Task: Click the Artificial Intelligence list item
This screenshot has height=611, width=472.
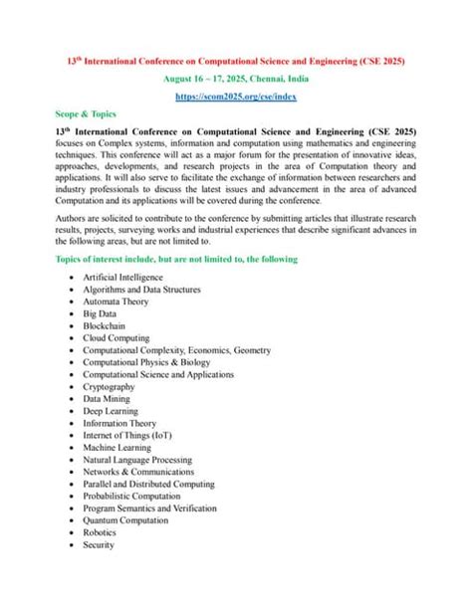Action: point(123,277)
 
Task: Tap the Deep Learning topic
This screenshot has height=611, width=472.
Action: point(114,411)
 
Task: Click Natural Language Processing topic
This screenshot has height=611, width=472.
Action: point(138,460)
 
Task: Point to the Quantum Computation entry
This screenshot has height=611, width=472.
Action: point(126,520)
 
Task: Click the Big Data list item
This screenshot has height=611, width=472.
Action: point(102,313)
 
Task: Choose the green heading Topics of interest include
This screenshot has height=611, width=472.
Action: point(176,259)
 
